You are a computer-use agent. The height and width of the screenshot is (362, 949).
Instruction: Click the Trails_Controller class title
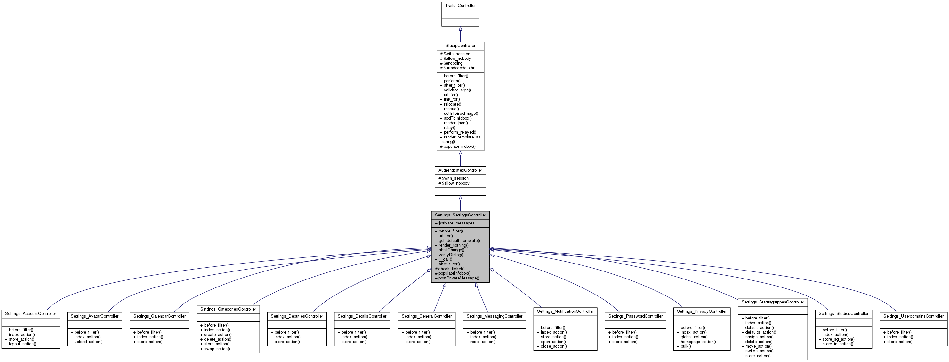(x=460, y=5)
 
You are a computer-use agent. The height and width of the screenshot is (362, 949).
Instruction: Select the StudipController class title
(x=460, y=46)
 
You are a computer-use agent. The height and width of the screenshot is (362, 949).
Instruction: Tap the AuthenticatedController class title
(x=460, y=170)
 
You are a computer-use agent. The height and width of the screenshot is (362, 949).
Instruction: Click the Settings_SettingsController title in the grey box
(x=460, y=215)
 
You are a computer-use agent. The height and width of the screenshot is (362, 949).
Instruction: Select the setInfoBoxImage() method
(x=461, y=114)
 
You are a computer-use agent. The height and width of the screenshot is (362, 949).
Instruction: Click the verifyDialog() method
(x=451, y=255)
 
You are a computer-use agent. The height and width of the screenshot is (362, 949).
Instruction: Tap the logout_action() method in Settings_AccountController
(x=22, y=344)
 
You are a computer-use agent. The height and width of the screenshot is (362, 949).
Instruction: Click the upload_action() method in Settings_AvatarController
(x=88, y=342)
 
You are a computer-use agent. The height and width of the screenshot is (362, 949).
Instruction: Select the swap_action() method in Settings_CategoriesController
(x=217, y=349)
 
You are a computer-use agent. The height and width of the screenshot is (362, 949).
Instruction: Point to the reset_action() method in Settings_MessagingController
(x=483, y=342)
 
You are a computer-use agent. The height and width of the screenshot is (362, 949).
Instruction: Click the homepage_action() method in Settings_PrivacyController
(x=698, y=342)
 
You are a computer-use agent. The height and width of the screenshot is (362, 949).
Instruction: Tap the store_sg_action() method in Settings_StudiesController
(x=838, y=339)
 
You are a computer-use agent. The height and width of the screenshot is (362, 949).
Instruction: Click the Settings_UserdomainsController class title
(x=913, y=316)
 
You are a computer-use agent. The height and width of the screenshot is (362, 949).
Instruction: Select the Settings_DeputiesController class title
(x=297, y=316)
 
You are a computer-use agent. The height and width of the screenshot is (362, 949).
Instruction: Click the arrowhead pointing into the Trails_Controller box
(x=460, y=29)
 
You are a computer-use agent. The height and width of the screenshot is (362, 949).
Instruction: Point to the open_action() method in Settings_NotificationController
(x=553, y=342)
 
